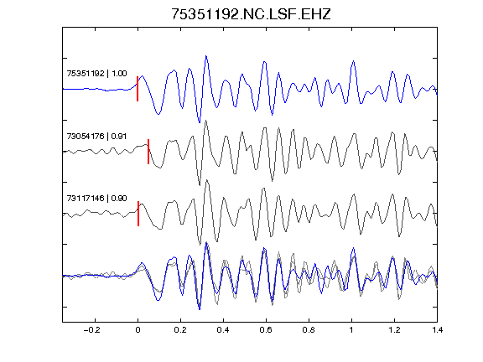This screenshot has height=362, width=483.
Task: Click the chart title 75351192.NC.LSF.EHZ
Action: pos(251,14)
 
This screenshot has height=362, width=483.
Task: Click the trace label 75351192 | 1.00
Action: pos(96,74)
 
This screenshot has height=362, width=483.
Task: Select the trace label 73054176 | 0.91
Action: pos(96,136)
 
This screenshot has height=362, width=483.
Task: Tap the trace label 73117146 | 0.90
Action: pos(96,199)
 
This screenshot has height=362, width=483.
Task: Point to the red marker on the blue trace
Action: pos(138,89)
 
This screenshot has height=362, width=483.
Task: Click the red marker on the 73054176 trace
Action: pos(148,152)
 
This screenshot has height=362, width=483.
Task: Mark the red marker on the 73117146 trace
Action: pos(138,214)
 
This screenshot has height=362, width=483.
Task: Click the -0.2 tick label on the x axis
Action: pos(91,330)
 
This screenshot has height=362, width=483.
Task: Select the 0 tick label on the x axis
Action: pos(138,330)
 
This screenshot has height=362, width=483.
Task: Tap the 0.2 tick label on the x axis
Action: pos(180,330)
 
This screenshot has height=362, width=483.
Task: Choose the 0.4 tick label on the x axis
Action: pos(223,330)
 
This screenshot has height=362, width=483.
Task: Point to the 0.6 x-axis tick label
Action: pos(266,330)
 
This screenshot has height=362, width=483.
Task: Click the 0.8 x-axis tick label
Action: pos(309,330)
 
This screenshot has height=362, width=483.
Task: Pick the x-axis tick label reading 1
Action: pos(351,330)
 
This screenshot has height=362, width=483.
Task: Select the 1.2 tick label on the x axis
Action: pos(394,330)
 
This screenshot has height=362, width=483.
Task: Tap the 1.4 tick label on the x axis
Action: pos(437,330)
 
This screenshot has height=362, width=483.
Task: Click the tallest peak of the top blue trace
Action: pos(206,56)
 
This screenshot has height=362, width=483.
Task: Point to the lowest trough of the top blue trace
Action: pos(200,122)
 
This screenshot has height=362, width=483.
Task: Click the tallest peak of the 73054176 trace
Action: pos(205,121)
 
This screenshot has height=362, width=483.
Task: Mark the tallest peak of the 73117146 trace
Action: pos(206,180)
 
